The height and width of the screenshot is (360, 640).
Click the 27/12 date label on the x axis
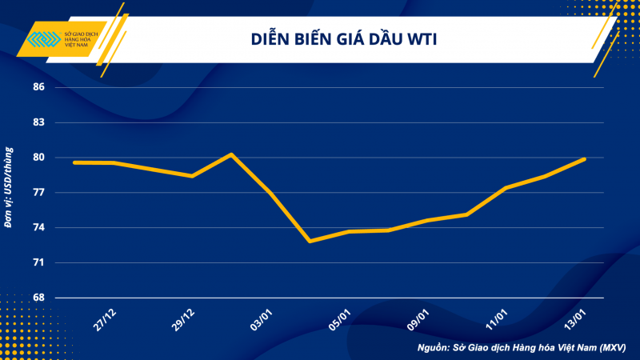106,318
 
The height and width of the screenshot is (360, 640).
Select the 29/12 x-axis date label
184,318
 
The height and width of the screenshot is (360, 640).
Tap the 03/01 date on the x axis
262,318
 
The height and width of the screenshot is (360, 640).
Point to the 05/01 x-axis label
340,318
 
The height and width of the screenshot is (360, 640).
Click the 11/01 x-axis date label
497,318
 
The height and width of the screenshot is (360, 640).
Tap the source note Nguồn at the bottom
521,348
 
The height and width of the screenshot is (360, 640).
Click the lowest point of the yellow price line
310,241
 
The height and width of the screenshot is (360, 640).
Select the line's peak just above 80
231,154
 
